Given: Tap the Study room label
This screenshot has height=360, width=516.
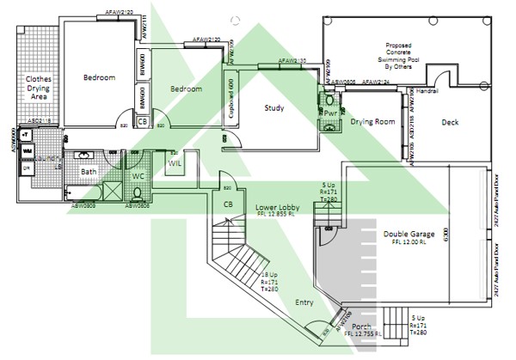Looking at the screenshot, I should [x=273, y=107].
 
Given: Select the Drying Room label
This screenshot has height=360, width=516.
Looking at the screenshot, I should [x=372, y=122].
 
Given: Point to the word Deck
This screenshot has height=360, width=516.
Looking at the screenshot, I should [x=450, y=122].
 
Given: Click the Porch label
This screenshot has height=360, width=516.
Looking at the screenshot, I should [x=362, y=327].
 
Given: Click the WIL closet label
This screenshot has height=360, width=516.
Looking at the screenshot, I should [x=175, y=162].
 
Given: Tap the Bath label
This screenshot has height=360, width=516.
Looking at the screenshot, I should [x=89, y=172].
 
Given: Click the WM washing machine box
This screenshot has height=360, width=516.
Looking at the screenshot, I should [x=28, y=151].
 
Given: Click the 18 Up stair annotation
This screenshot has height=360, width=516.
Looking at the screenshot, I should [x=269, y=274].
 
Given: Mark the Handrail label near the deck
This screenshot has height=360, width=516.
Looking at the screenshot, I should [x=427, y=90].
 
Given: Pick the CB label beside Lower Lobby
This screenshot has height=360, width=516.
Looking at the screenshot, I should [x=228, y=204].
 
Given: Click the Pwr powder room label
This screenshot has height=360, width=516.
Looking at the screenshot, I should [x=330, y=113].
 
